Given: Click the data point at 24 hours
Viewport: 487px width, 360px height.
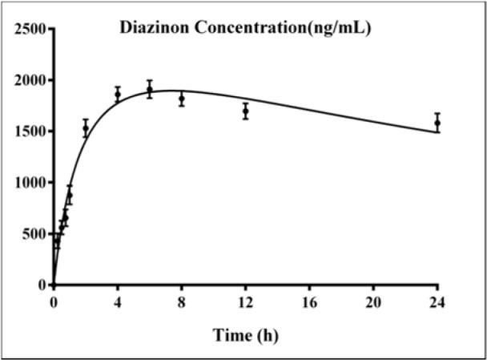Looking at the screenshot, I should [437, 123].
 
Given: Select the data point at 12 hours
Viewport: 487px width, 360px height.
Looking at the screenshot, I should [245, 111].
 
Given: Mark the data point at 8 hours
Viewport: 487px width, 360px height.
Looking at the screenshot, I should [181, 99].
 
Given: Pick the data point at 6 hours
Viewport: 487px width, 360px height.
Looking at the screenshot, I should [149, 89].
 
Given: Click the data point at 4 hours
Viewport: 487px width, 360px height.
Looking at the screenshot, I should [117, 94].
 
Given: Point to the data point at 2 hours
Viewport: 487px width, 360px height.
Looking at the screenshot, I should [85, 128].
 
